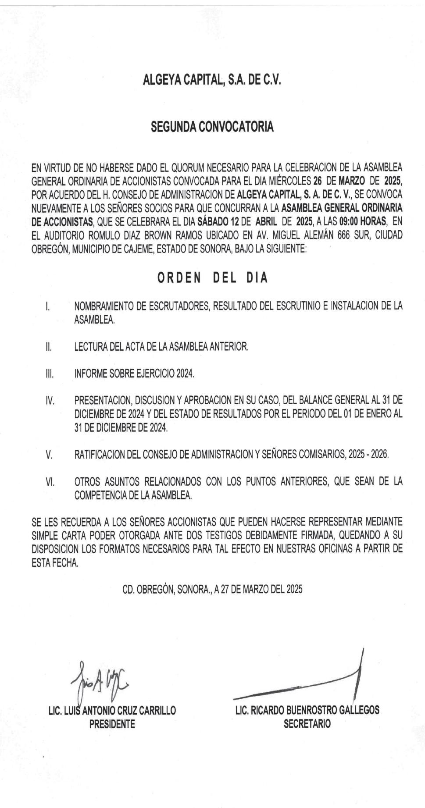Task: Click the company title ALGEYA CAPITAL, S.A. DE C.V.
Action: (212, 80)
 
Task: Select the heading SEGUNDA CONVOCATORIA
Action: (212, 127)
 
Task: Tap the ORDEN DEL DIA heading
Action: (212, 278)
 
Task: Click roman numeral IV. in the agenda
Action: (50, 401)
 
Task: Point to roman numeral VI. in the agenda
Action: (50, 482)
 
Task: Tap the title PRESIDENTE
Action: (112, 724)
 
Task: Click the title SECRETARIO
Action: (307, 724)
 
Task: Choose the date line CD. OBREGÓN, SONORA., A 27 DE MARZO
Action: (212, 590)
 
